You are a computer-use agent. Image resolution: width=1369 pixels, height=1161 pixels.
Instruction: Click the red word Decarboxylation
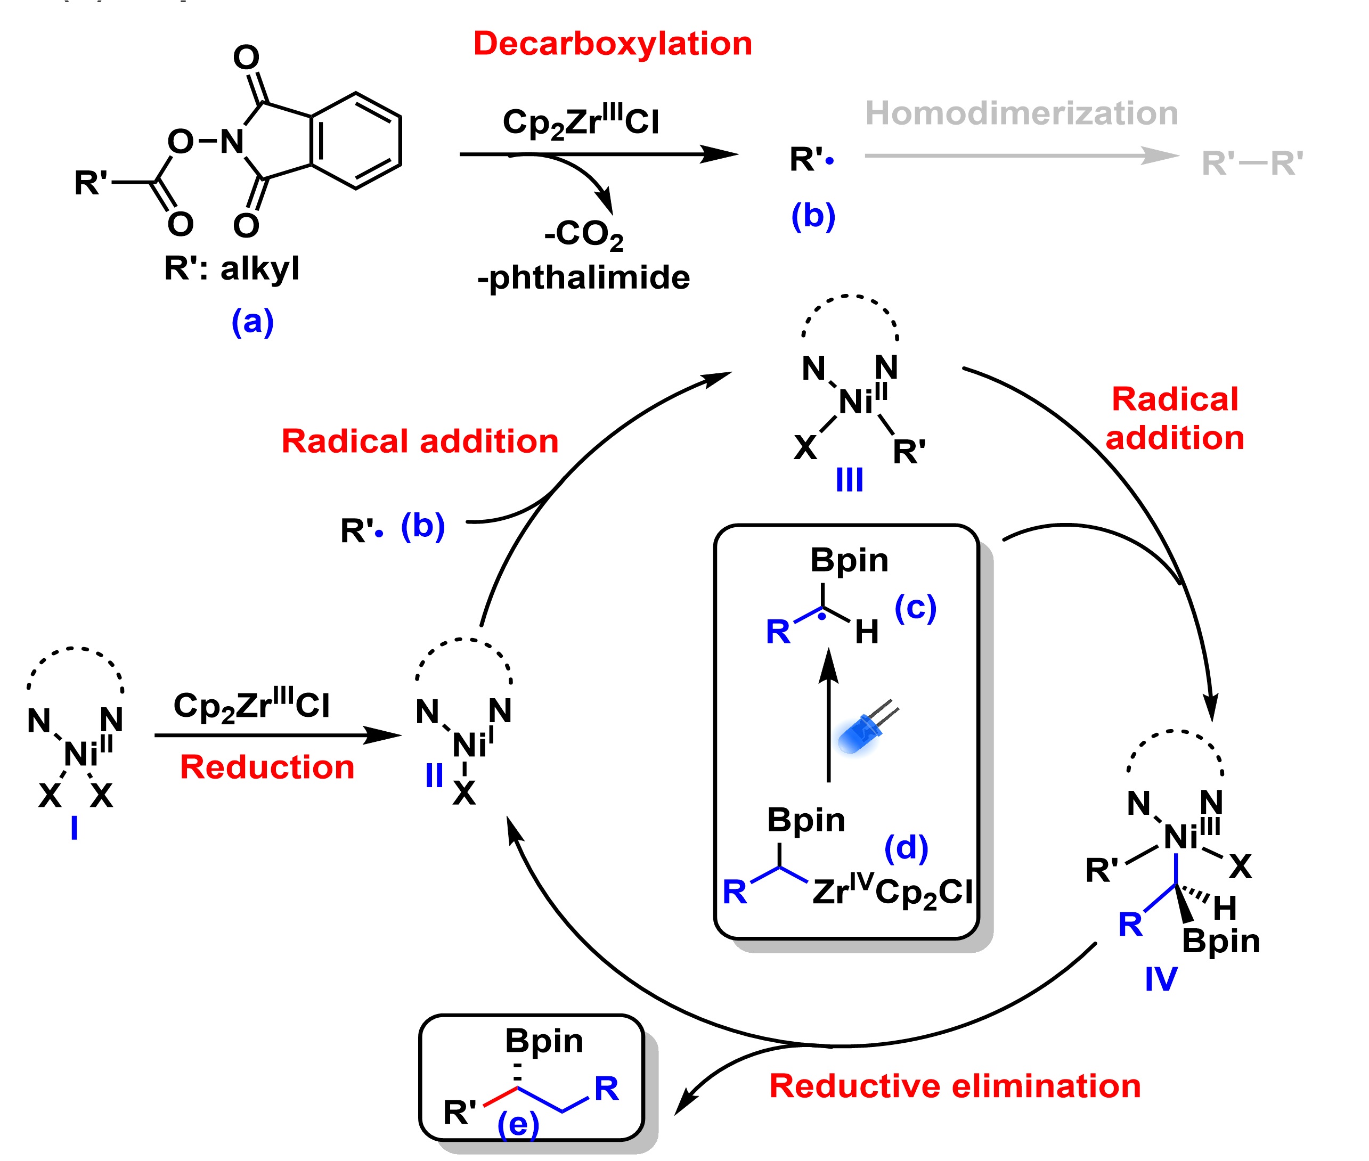click(x=612, y=44)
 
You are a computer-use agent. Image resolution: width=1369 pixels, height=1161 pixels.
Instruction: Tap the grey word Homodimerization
click(x=1021, y=113)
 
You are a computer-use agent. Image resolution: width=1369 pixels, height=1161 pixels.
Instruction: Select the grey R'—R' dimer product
click(x=1252, y=163)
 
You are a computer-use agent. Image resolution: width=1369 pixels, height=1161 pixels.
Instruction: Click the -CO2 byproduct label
click(x=584, y=234)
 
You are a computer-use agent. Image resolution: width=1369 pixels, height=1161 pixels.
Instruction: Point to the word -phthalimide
click(x=583, y=277)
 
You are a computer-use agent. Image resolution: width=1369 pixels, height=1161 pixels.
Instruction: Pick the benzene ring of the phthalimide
click(x=356, y=140)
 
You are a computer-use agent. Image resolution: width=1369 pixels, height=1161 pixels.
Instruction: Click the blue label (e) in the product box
click(x=518, y=1124)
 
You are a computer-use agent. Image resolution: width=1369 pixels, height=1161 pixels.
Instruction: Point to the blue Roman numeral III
click(x=849, y=480)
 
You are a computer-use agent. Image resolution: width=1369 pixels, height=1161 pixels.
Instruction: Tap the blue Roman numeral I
click(x=75, y=828)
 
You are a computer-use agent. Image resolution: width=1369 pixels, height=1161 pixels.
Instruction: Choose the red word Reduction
click(x=267, y=767)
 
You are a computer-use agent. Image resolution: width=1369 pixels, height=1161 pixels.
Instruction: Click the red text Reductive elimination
click(x=955, y=1086)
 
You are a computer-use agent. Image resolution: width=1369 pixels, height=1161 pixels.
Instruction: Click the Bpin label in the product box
click(x=544, y=1041)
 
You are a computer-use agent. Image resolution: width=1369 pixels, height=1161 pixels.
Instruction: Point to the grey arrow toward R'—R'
click(x=1020, y=156)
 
